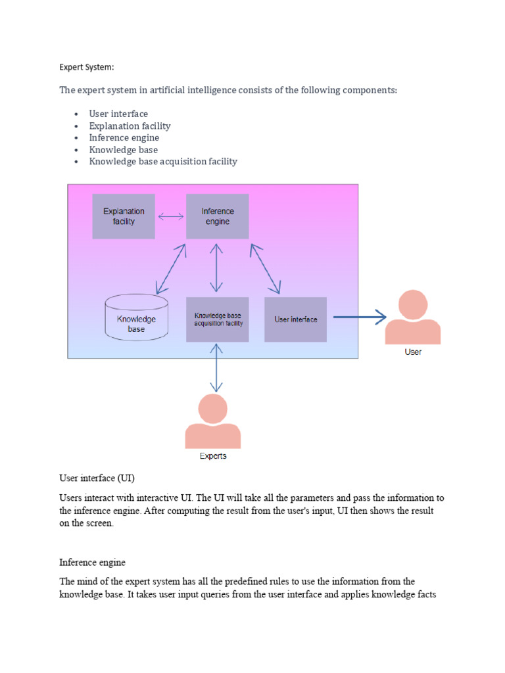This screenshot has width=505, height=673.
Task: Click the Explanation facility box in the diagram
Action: [x=124, y=216]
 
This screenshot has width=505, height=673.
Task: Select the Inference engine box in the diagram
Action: [x=217, y=216]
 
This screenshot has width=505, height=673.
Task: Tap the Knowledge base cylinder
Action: [x=136, y=319]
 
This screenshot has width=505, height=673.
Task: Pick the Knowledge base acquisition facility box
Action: [x=218, y=319]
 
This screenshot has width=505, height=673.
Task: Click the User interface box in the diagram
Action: [x=295, y=319]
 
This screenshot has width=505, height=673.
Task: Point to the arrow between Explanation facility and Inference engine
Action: [x=171, y=216]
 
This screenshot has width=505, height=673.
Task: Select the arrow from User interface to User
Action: [x=359, y=318]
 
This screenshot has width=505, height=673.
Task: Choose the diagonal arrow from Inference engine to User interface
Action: [x=265, y=268]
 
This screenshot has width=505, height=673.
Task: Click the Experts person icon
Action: [x=213, y=422]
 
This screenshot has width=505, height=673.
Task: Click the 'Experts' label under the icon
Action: [x=213, y=456]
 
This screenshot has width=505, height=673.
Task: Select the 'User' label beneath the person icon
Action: [x=413, y=352]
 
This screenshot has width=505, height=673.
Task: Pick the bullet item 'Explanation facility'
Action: [x=130, y=126]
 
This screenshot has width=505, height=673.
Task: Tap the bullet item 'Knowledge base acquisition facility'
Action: [x=163, y=161]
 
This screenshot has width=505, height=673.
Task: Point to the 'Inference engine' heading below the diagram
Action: [x=92, y=563]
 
